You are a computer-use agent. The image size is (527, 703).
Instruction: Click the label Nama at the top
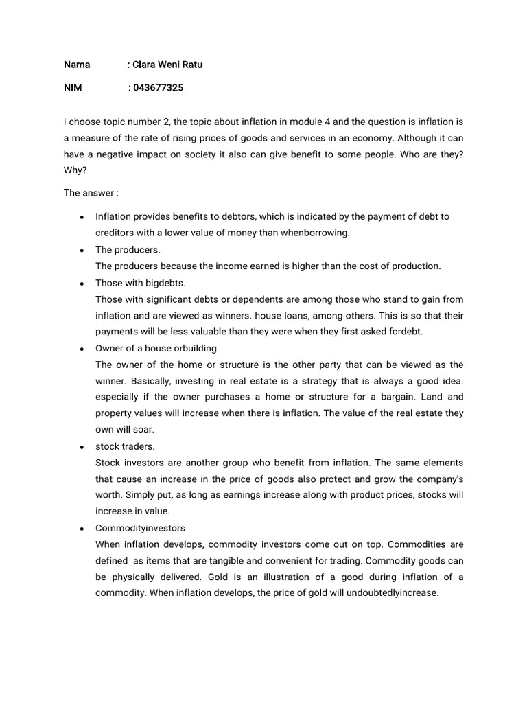(x=77, y=65)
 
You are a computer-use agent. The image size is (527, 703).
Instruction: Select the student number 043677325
(x=159, y=88)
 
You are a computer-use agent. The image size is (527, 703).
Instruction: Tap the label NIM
(x=73, y=88)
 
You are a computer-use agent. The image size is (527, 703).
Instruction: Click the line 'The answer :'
(x=86, y=193)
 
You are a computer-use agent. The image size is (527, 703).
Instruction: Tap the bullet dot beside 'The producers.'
(x=82, y=250)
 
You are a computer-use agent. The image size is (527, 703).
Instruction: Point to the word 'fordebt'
(x=408, y=332)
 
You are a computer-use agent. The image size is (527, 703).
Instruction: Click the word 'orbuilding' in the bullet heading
(x=196, y=348)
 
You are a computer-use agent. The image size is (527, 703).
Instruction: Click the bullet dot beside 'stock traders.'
(x=82, y=447)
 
